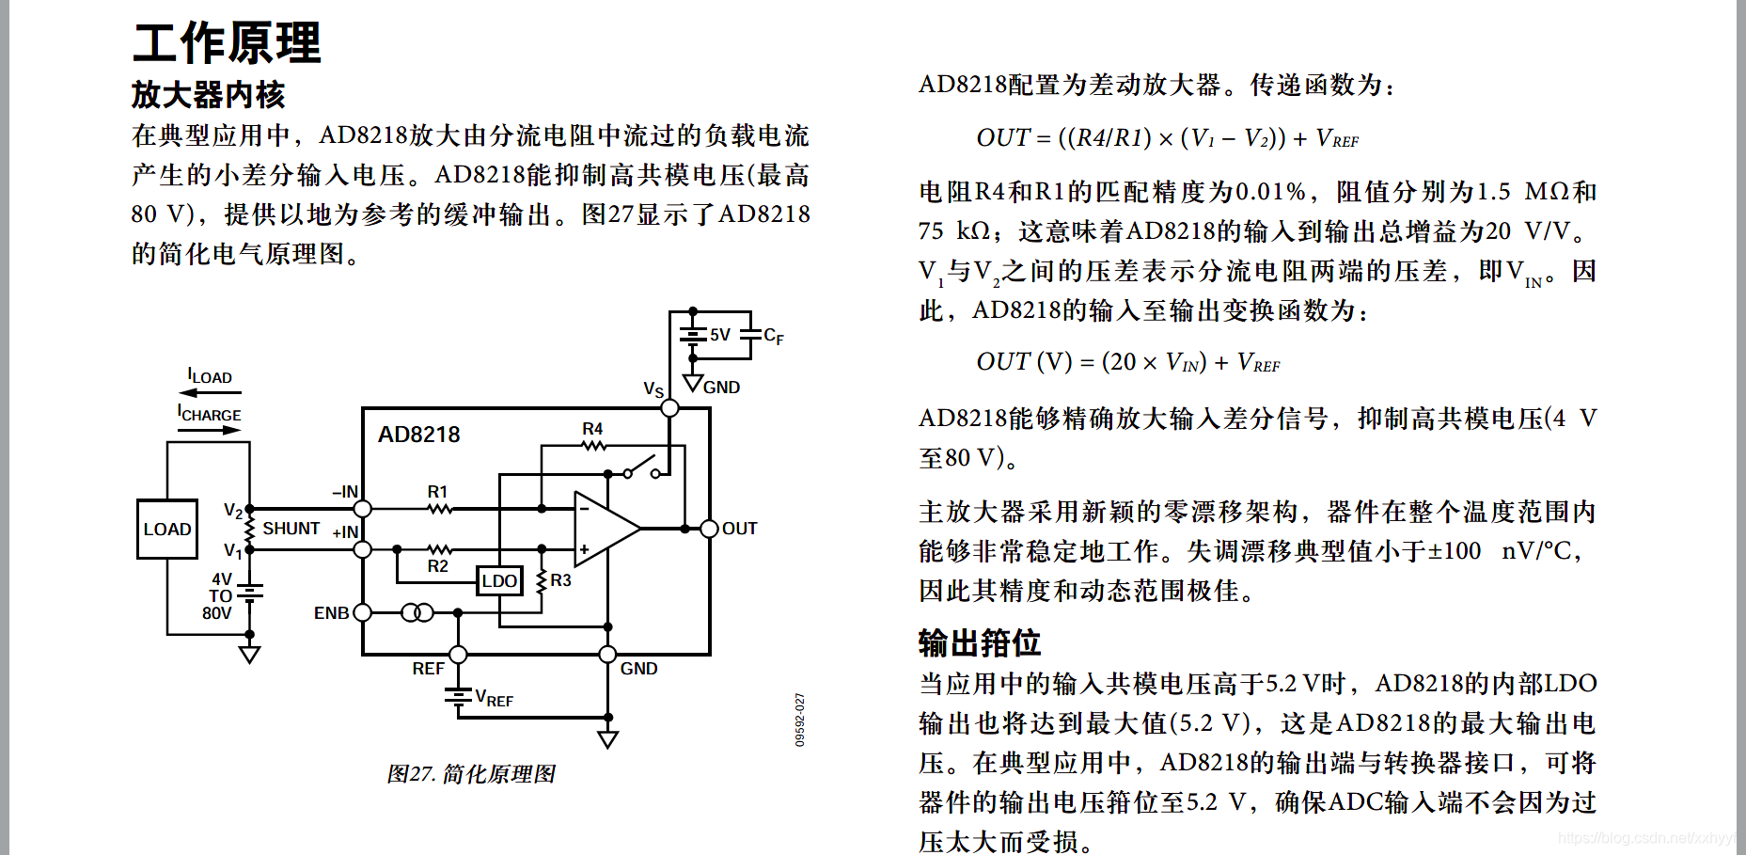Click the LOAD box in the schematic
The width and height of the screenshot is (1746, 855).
[167, 530]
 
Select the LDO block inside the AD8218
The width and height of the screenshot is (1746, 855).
[499, 581]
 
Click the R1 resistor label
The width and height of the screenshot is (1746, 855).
[437, 492]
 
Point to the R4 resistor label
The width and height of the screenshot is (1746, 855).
[592, 429]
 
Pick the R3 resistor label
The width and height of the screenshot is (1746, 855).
[561, 581]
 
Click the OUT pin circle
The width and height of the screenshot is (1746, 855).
[710, 529]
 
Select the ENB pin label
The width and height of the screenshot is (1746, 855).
[331, 613]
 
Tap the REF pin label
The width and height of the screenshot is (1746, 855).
[428, 669]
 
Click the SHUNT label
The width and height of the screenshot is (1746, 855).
[291, 529]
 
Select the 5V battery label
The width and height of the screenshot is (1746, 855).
[720, 335]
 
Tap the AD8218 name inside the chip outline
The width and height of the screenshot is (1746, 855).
[418, 435]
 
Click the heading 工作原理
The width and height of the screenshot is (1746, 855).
[227, 43]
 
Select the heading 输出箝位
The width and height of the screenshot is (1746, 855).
[980, 643]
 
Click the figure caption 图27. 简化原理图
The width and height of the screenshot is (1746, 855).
[471, 774]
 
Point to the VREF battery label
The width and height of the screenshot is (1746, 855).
[494, 699]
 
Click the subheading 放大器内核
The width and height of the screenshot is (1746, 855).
[208, 94]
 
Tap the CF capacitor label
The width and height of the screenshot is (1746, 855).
[773, 336]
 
